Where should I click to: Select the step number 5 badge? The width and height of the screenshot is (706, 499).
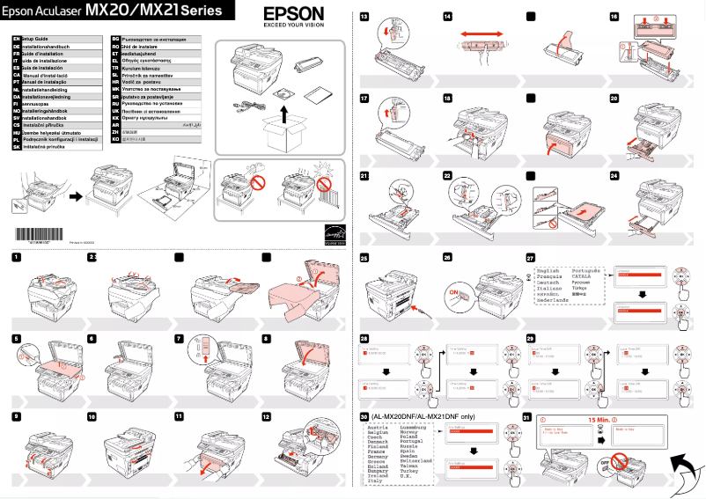coord(17,338)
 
